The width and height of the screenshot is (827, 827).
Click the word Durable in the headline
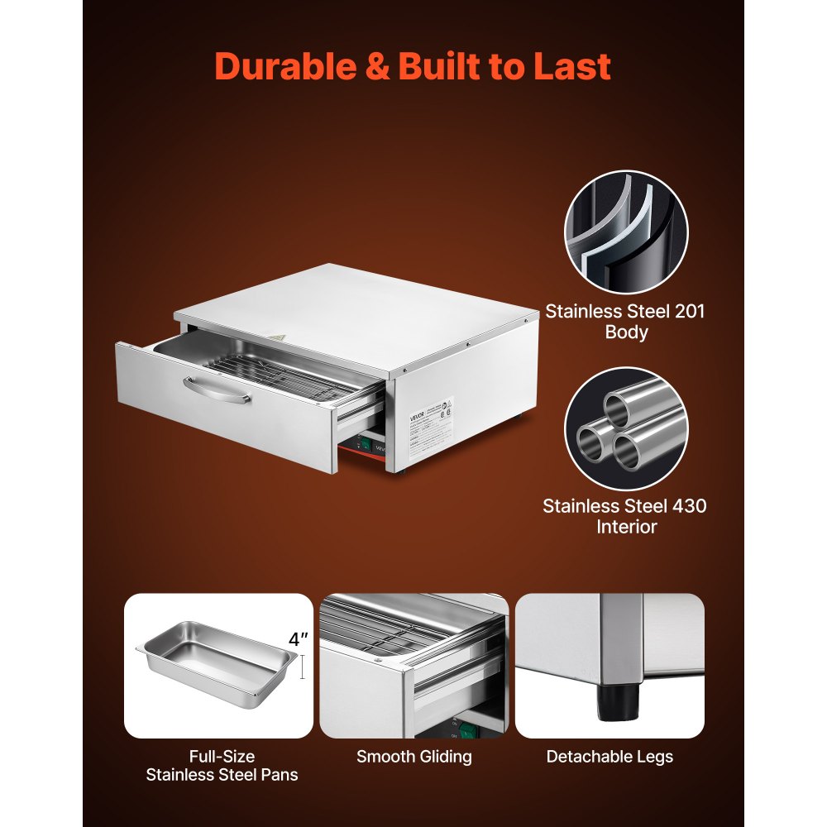[285, 66]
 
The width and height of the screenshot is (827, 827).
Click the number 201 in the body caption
[684, 313]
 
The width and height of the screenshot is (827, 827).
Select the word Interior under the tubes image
[626, 527]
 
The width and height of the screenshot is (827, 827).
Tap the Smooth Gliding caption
[414, 757]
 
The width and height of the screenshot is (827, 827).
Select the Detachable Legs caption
[609, 757]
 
